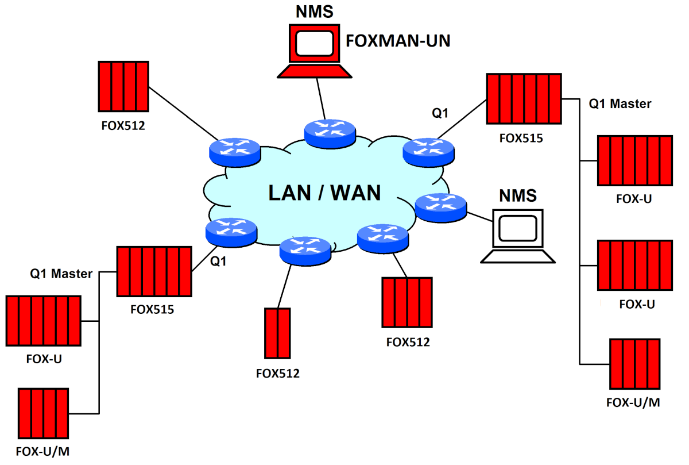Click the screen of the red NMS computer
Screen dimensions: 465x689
pos(314,42)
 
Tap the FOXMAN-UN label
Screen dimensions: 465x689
pos(397,41)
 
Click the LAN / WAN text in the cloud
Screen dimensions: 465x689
pos(324,193)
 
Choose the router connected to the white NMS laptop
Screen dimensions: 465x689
pos(440,207)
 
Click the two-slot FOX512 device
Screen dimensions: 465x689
pos(277,333)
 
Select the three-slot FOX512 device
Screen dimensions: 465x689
pos(407,302)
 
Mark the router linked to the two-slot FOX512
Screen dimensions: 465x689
pos(305,249)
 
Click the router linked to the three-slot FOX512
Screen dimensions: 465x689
pos(382,239)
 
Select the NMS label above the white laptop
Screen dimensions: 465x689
pos(517,195)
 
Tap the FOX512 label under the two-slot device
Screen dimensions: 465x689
pos(278,374)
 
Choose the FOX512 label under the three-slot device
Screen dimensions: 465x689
pos(408,343)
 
